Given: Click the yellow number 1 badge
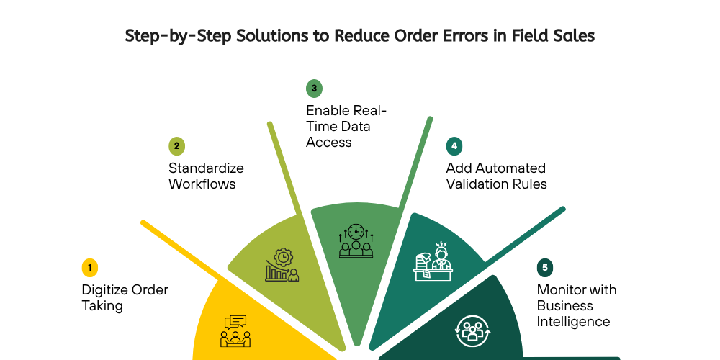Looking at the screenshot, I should [x=89, y=268].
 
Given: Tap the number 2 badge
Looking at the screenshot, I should [x=176, y=146].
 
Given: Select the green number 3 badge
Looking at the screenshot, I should [x=314, y=89].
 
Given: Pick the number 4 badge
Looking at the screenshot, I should [x=454, y=146].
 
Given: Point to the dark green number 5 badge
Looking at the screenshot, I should [x=545, y=268].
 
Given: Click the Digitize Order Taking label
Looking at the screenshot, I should [x=125, y=298].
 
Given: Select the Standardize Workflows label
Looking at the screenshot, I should [x=206, y=176].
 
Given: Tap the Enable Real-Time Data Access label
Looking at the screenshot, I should [x=346, y=126].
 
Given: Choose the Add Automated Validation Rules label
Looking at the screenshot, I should [x=496, y=176].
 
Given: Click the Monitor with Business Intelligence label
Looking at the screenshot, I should [x=577, y=306].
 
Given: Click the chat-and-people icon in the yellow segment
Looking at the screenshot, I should [x=235, y=330].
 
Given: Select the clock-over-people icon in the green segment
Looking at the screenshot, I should [x=356, y=240].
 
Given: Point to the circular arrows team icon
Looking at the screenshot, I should [x=472, y=330].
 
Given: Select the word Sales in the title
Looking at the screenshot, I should [x=572, y=36].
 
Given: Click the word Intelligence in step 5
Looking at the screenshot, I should [x=573, y=321].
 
